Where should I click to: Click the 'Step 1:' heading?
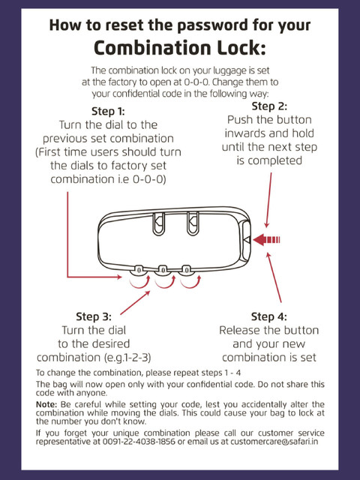[x=108, y=111]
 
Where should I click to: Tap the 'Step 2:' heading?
[x=269, y=106]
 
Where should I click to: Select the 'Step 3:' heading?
[x=94, y=316]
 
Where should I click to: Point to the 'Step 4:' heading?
[x=269, y=316]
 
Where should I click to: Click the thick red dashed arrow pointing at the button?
[x=266, y=239]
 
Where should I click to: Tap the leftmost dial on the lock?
[x=139, y=270]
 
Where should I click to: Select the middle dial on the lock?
[x=163, y=270]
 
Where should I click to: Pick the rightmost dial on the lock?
[x=187, y=270]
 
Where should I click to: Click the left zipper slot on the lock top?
[x=158, y=223]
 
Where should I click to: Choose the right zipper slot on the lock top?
[x=193, y=223]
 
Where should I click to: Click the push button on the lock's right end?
[x=247, y=240]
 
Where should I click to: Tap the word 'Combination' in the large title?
[x=151, y=48]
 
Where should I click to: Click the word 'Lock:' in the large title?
[x=239, y=48]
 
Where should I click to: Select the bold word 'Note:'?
[x=46, y=404]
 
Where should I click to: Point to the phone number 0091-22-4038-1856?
[x=139, y=442]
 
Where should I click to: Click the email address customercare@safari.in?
[x=274, y=442]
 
